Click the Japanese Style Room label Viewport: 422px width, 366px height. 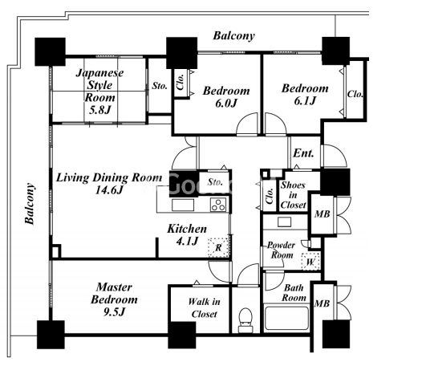pyautogui.click(x=99, y=91)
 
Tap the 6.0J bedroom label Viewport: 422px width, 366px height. pyautogui.click(x=226, y=97)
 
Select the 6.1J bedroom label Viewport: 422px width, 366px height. pyautogui.click(x=305, y=95)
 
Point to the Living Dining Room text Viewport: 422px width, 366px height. pyautogui.click(x=109, y=177)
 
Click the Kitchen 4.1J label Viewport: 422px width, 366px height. pyautogui.click(x=187, y=234)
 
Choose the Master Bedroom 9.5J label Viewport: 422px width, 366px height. pyautogui.click(x=114, y=299)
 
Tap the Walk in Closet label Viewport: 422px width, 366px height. pyautogui.click(x=205, y=307)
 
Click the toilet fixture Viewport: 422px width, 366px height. pyautogui.click(x=245, y=320)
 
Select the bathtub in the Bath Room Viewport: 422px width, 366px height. pyautogui.click(x=286, y=318)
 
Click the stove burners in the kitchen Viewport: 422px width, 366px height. pyautogui.click(x=218, y=205)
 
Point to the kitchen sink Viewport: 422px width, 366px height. pyautogui.click(x=183, y=205)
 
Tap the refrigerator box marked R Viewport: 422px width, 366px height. pyautogui.click(x=218, y=247)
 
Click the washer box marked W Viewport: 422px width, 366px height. pyautogui.click(x=310, y=261)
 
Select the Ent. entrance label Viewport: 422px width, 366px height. pyautogui.click(x=303, y=153)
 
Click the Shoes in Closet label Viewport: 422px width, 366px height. pyautogui.click(x=293, y=195)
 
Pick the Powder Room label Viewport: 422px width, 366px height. pyautogui.click(x=282, y=250)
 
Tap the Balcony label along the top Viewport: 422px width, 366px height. pyautogui.click(x=234, y=36)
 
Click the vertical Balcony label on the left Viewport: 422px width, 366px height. pyautogui.click(x=30, y=204)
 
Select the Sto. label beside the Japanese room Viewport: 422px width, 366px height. pyautogui.click(x=160, y=86)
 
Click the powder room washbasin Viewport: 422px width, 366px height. pyautogui.click(x=285, y=222)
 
